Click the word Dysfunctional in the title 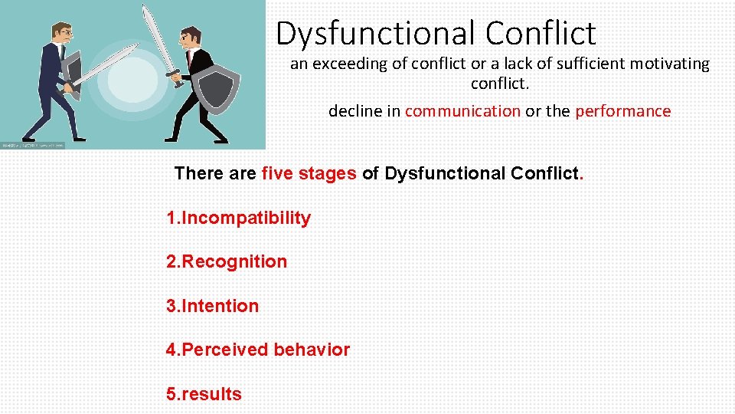[376, 34]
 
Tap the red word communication [462, 111]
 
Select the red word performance [622, 111]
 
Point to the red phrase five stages [309, 173]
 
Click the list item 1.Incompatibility [239, 219]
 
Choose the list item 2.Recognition [227, 262]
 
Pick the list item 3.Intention [213, 307]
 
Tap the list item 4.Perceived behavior [258, 350]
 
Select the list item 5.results [204, 395]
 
